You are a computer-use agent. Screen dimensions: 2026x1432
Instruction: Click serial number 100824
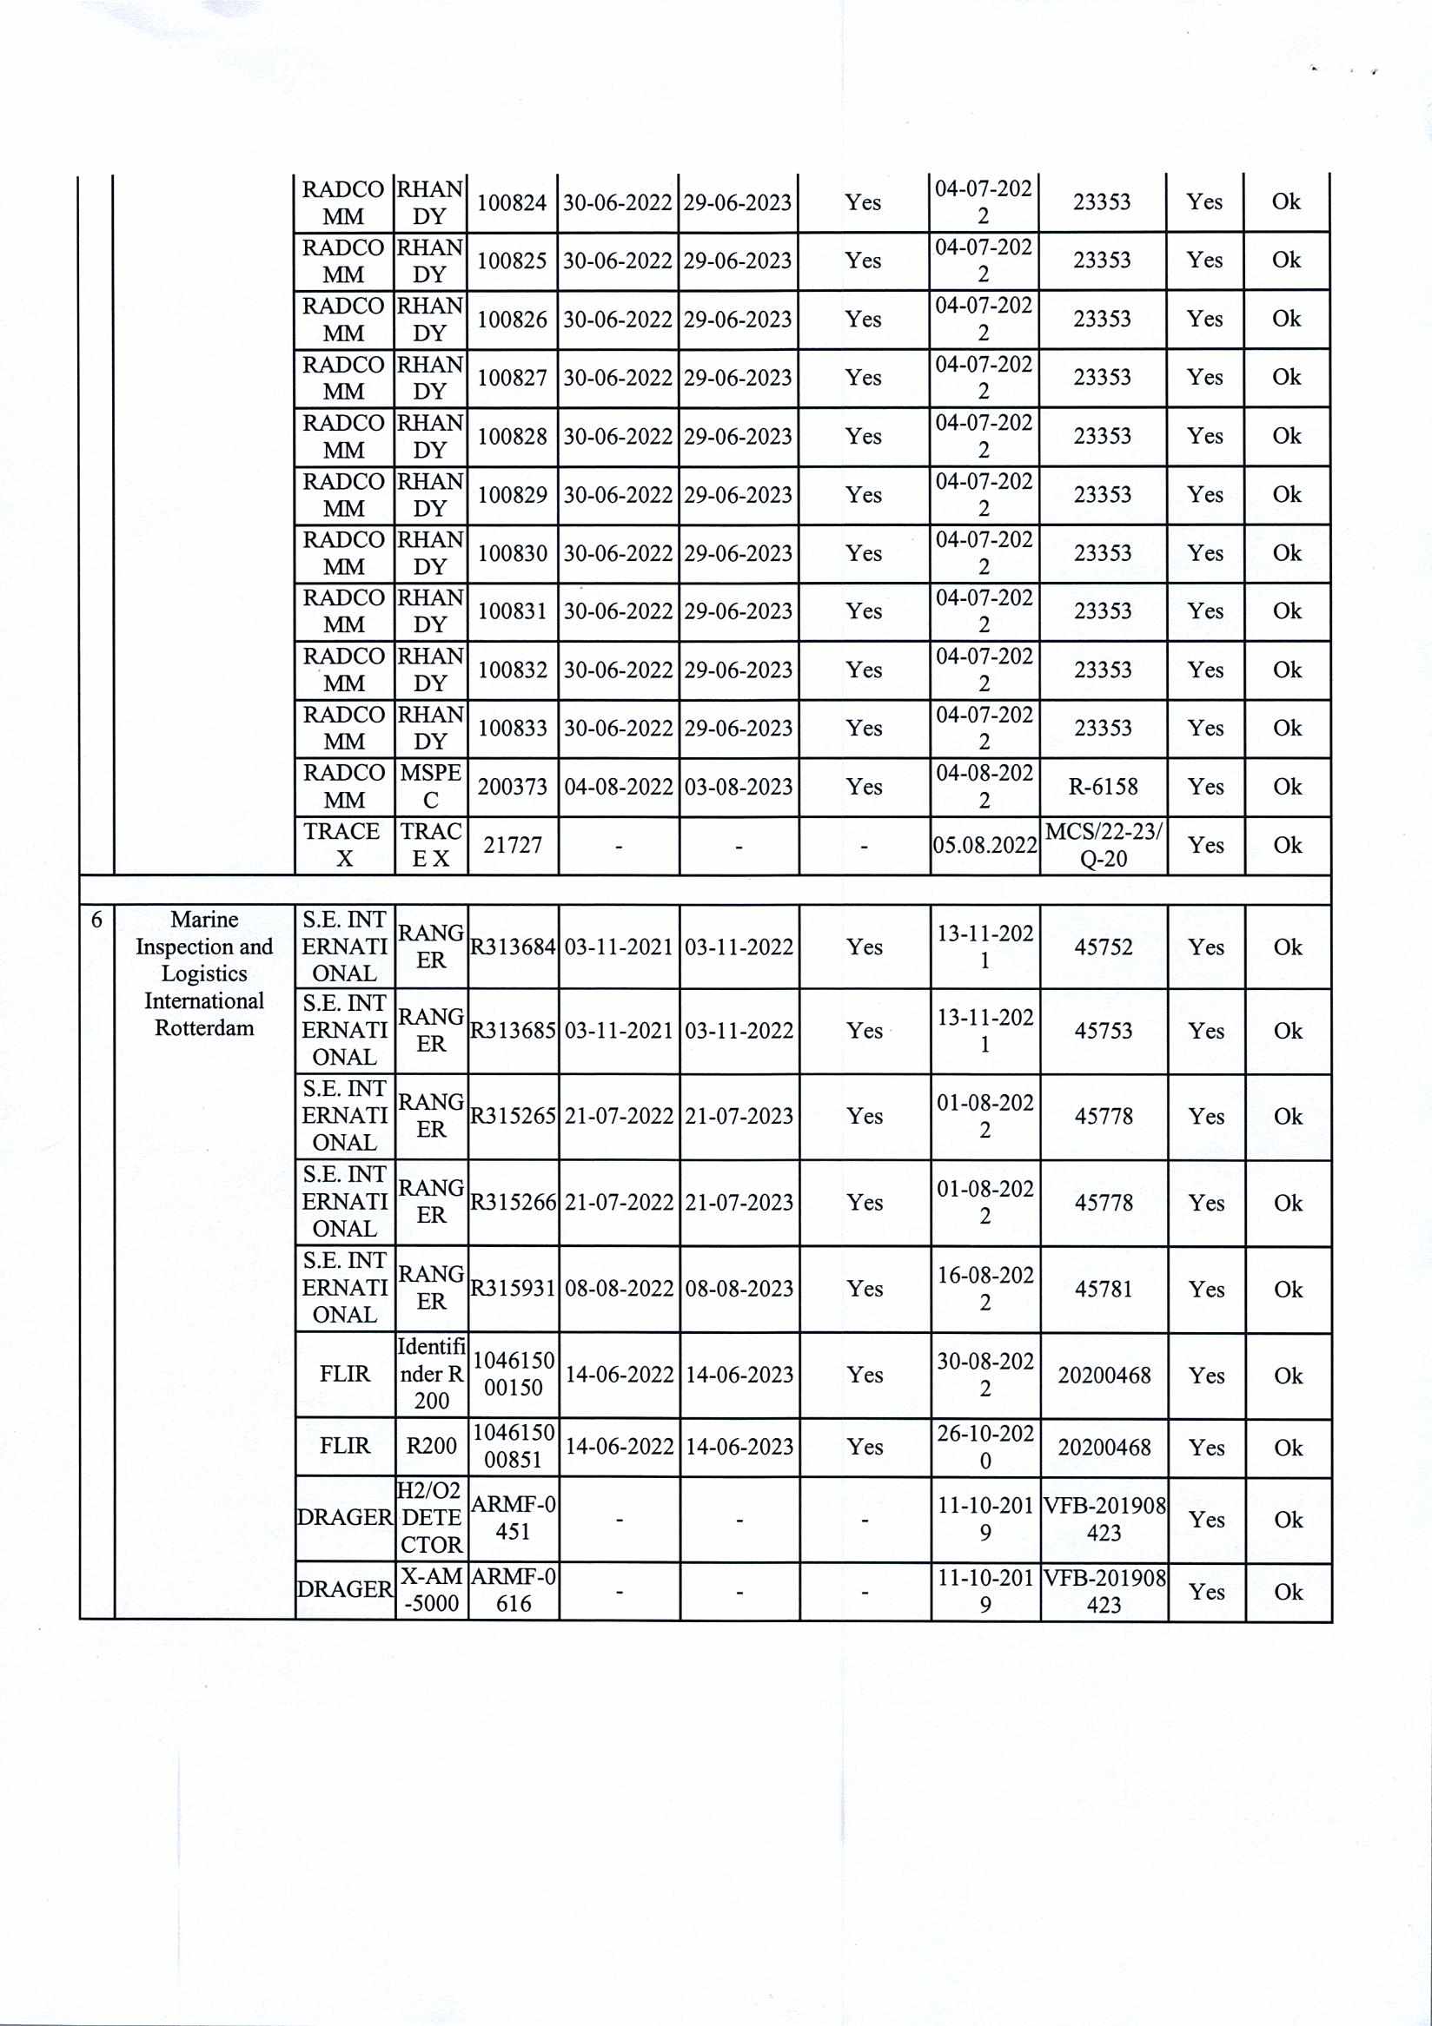click(512, 203)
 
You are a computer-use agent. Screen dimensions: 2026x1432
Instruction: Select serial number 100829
click(512, 495)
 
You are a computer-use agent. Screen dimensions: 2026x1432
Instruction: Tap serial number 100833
click(512, 729)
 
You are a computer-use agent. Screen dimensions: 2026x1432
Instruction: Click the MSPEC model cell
click(431, 786)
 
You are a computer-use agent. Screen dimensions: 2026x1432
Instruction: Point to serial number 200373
click(512, 787)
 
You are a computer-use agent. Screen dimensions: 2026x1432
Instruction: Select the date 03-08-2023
click(738, 787)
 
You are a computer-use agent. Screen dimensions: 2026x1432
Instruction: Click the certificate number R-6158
click(1103, 787)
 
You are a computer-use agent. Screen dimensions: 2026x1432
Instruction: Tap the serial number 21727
click(512, 845)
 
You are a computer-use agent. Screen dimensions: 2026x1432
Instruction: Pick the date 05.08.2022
click(984, 845)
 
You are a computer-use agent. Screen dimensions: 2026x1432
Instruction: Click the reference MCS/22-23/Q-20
click(1103, 845)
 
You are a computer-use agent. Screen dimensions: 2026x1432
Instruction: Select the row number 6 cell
click(96, 921)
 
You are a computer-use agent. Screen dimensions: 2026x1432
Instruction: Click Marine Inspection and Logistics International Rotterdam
click(204, 973)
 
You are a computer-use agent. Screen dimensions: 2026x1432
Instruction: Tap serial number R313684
click(512, 947)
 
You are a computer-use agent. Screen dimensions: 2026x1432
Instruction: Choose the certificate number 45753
click(1103, 1031)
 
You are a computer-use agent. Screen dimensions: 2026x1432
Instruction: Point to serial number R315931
click(512, 1289)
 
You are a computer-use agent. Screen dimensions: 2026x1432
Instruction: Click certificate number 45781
click(1103, 1290)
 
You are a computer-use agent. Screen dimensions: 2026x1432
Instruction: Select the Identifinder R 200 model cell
click(431, 1374)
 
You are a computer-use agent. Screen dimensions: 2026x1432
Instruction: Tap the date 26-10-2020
click(984, 1447)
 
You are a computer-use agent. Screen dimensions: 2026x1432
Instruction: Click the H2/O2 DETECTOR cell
click(431, 1518)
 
